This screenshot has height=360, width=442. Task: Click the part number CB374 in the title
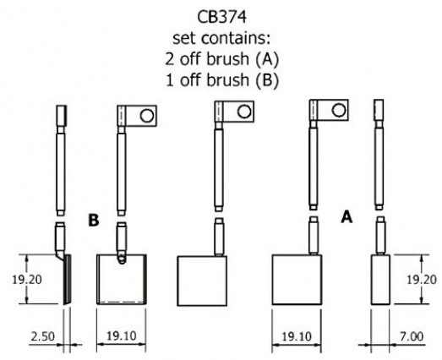point(221,17)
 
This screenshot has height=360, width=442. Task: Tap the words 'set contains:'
point(221,38)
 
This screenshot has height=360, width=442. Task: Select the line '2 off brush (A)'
point(222,59)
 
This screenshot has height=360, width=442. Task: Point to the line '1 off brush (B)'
point(222,79)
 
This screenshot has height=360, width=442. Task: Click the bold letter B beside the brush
point(94,221)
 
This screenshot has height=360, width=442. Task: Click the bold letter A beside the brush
point(347,217)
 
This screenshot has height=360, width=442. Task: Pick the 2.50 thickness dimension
point(42,336)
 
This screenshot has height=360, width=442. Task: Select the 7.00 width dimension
point(412,336)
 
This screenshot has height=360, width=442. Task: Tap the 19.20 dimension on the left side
point(27,280)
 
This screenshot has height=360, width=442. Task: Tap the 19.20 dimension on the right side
point(422,280)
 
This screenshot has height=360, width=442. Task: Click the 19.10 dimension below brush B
point(121,335)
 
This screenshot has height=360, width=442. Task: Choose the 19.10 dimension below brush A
point(297,336)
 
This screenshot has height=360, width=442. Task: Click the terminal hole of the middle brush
point(244,112)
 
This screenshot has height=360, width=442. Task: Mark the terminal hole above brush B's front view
point(147,116)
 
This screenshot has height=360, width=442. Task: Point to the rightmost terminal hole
point(339,110)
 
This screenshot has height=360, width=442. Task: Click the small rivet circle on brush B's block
point(122,259)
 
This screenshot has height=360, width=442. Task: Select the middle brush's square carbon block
point(202,281)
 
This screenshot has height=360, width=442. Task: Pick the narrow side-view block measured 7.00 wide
point(380,280)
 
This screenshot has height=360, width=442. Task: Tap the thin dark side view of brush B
point(67,280)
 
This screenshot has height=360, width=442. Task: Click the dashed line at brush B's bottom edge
point(122,302)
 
